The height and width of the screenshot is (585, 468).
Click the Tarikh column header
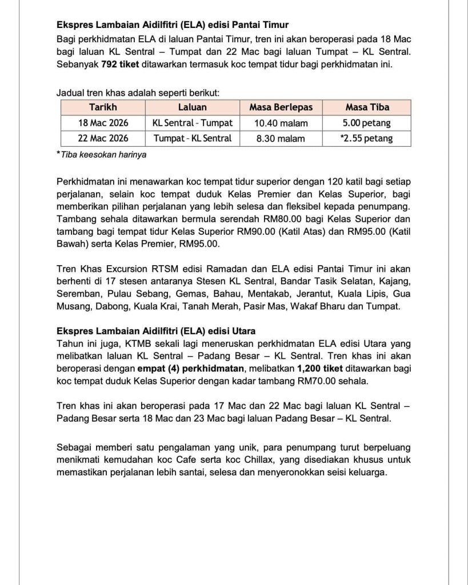(103, 107)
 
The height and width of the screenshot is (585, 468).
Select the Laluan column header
(192, 107)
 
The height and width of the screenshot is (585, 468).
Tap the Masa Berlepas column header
(280, 107)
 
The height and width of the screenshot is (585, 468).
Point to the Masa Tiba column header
(366, 107)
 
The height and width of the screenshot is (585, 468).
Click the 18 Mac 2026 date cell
(103, 123)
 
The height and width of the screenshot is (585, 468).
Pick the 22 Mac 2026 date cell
(103, 138)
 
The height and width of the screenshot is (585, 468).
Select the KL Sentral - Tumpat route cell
(192, 123)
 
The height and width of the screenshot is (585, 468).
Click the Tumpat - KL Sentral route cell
(192, 138)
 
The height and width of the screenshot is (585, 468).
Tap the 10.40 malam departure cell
(280, 123)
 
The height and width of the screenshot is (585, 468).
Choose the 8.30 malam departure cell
(280, 138)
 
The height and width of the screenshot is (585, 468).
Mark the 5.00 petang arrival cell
(366, 123)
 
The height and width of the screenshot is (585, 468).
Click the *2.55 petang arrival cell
(366, 138)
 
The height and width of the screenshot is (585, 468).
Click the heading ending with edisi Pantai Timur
(173, 25)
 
